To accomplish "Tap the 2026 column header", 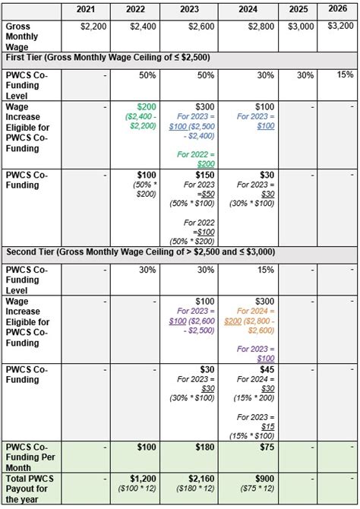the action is click(338, 10).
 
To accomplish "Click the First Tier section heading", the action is click(108, 57).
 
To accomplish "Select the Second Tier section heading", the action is click(141, 251).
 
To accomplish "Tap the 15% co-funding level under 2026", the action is click(345, 74).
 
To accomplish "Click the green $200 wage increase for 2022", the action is click(147, 106).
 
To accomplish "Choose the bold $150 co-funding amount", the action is click(205, 175).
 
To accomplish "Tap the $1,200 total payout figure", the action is click(143, 479).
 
